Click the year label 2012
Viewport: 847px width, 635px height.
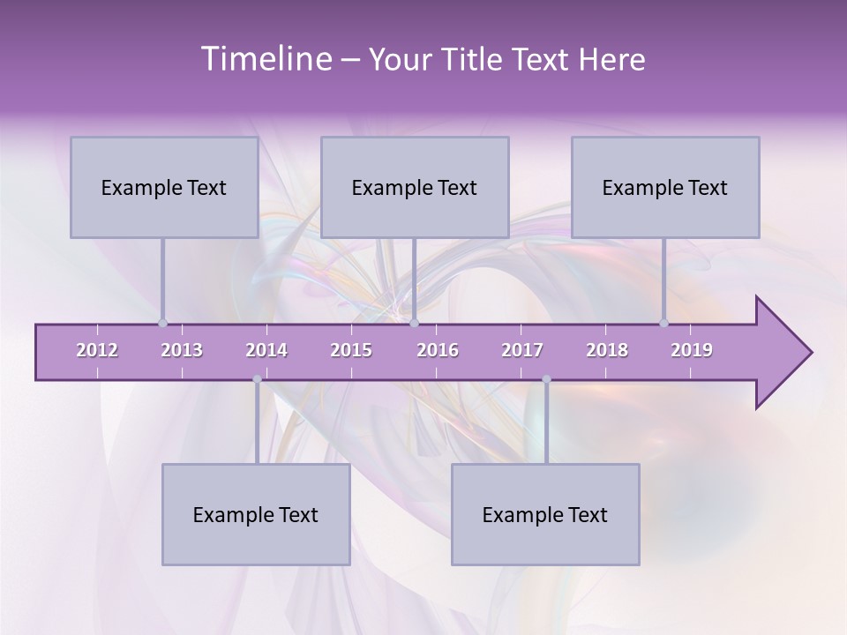[x=97, y=350]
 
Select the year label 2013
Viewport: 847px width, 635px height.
[x=182, y=350]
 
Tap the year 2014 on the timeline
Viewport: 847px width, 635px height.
[x=266, y=350]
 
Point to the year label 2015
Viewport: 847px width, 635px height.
[x=351, y=350]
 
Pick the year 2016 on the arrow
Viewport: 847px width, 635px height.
[x=438, y=350]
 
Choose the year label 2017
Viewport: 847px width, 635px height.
[x=522, y=350]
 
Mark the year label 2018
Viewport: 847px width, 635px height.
[x=607, y=350]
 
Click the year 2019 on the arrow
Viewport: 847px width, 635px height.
[x=692, y=350]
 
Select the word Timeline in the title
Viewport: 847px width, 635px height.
[x=265, y=59]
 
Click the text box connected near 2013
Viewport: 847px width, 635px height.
[x=164, y=187]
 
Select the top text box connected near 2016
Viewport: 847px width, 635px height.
[x=415, y=187]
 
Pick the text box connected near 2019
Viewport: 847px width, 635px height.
[x=665, y=187]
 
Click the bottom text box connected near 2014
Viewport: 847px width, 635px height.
[x=256, y=514]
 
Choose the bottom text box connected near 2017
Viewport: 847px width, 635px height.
[x=545, y=514]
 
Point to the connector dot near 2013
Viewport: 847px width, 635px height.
[x=162, y=323]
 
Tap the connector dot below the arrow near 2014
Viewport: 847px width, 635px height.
[x=257, y=379]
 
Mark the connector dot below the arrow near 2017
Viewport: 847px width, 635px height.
[x=546, y=379]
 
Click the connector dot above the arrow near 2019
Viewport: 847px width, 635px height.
[x=663, y=323]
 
